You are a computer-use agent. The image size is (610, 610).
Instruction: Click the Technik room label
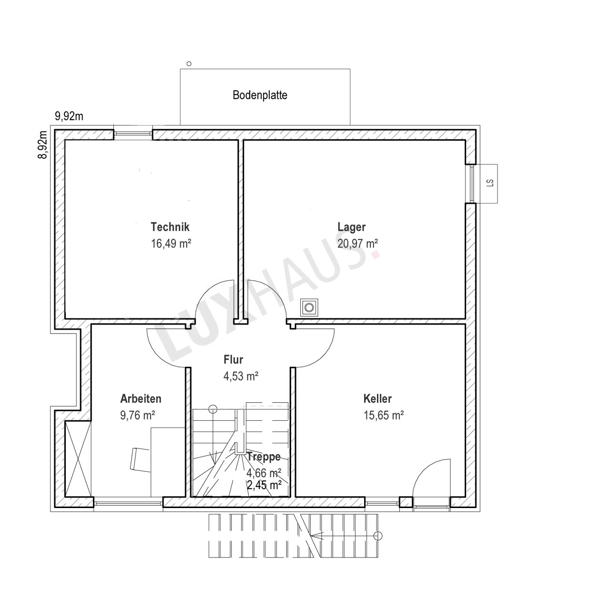point(170,227)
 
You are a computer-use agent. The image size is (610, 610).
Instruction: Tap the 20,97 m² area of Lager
point(357,244)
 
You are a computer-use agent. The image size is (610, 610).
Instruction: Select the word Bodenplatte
point(260,95)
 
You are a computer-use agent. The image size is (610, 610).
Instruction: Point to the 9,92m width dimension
point(69,116)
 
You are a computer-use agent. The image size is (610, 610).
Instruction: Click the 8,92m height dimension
point(42,145)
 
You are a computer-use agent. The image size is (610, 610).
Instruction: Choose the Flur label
point(234,360)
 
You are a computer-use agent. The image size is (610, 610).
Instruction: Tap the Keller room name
point(377,398)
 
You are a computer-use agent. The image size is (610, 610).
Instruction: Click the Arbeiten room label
point(141,398)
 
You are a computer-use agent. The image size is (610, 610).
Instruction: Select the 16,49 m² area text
point(171,244)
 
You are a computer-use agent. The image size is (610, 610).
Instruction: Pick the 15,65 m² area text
point(384,415)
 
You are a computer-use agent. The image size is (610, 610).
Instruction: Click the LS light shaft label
point(490,183)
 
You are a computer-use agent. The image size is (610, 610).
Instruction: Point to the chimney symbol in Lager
point(309,307)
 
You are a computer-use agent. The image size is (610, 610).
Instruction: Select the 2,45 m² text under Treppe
point(264,485)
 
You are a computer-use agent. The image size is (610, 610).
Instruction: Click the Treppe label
point(264,457)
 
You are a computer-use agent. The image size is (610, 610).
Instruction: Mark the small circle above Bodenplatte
point(189,64)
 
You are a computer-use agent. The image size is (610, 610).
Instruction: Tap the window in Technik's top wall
point(133,133)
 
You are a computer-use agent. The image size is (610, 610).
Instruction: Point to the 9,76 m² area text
point(137,415)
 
